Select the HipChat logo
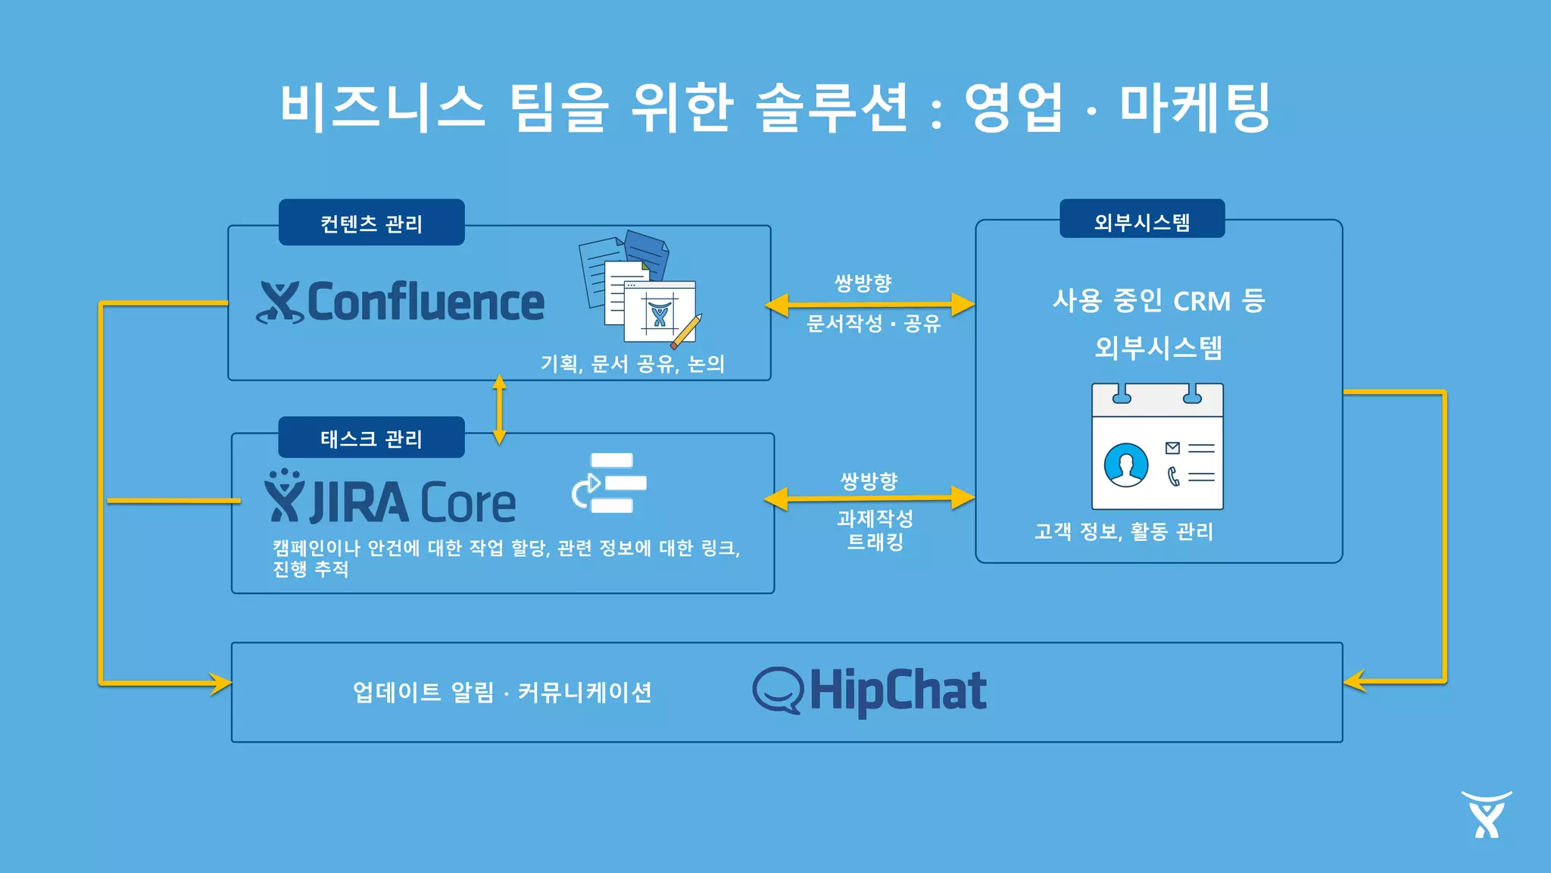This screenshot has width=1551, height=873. tap(869, 690)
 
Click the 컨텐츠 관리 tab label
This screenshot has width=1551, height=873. tap(371, 223)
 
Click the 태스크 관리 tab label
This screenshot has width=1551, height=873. tap(371, 438)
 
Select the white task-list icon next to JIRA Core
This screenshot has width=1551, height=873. tap(610, 483)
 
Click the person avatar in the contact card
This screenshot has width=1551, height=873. tap(1125, 465)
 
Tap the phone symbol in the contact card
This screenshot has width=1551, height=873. tap(1173, 477)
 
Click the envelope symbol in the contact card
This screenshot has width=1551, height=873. tap(1172, 448)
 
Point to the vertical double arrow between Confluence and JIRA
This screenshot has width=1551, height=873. tap(499, 409)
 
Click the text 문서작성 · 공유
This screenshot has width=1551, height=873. tap(873, 324)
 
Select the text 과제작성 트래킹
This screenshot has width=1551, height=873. tap(875, 530)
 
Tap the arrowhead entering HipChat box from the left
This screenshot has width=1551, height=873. tap(220, 683)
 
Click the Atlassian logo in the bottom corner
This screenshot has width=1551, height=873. tap(1486, 815)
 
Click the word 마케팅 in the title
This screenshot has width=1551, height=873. tap(1194, 107)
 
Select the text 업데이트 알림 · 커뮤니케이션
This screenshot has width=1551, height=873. tap(502, 692)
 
